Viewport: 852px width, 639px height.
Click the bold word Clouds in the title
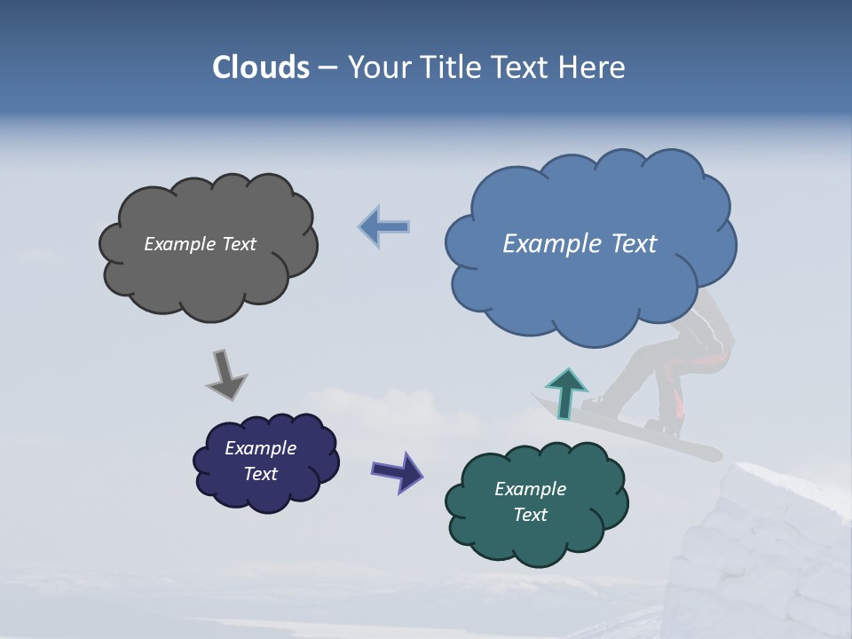pos(261,67)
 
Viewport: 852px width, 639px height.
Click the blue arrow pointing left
pos(385,227)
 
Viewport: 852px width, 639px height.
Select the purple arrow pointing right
pos(398,470)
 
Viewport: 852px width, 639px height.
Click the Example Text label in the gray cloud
pos(200,244)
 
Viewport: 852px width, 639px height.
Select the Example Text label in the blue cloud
pos(580,244)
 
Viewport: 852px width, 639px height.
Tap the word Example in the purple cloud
pos(260,448)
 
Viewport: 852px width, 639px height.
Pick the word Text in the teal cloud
pos(531,515)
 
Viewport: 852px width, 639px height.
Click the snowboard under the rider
pos(683,444)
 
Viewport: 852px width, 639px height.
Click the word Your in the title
pos(377,67)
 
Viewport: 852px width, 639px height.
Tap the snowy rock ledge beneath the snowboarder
pos(763,550)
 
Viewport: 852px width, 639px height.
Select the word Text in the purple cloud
pos(260,474)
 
